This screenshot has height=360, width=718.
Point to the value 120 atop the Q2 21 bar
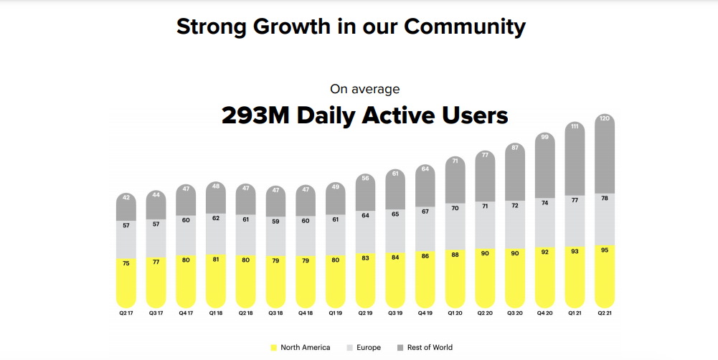click(605, 118)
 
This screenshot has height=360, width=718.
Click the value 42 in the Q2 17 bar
click(126, 197)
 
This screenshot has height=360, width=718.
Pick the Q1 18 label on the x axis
click(217, 313)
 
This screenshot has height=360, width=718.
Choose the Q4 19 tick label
click(426, 313)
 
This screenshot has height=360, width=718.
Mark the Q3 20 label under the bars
click(516, 313)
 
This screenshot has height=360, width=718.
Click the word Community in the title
click(464, 27)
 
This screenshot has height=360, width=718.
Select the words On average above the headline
click(364, 89)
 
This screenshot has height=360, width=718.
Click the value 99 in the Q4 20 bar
click(545, 137)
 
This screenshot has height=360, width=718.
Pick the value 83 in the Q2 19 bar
click(366, 257)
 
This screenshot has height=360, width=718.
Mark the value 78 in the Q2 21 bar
click(605, 198)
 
